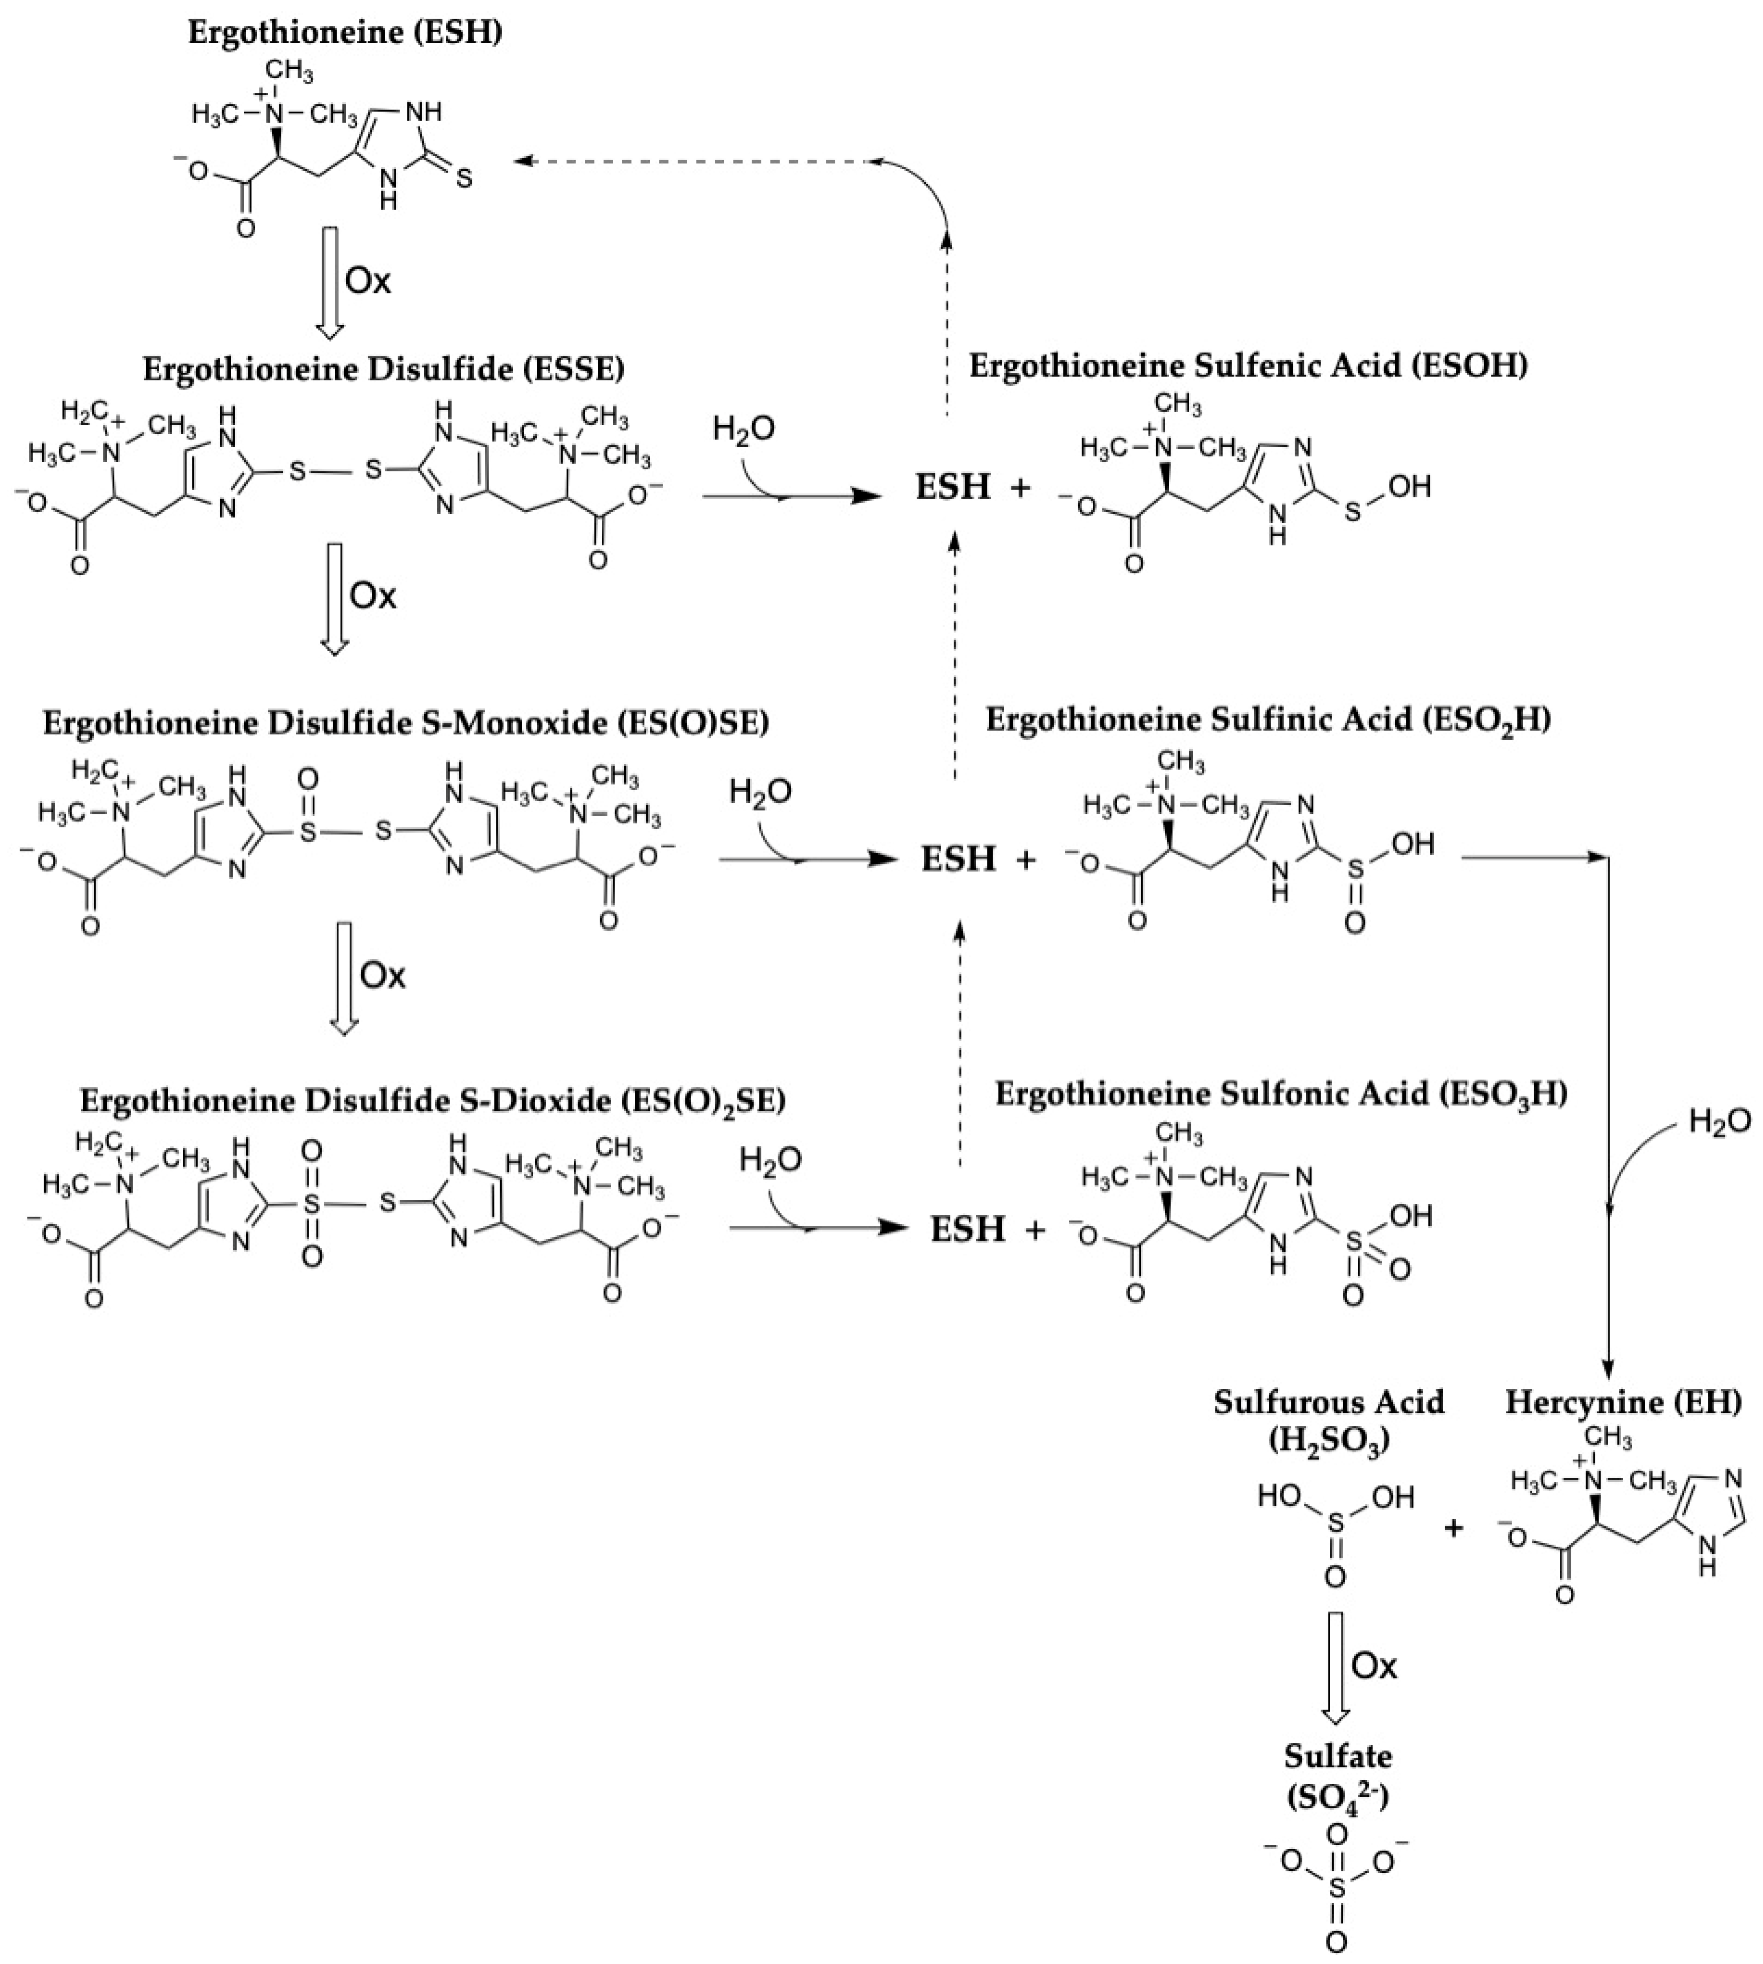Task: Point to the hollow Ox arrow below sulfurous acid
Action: point(1336,1666)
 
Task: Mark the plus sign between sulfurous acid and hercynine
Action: point(1454,1528)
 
